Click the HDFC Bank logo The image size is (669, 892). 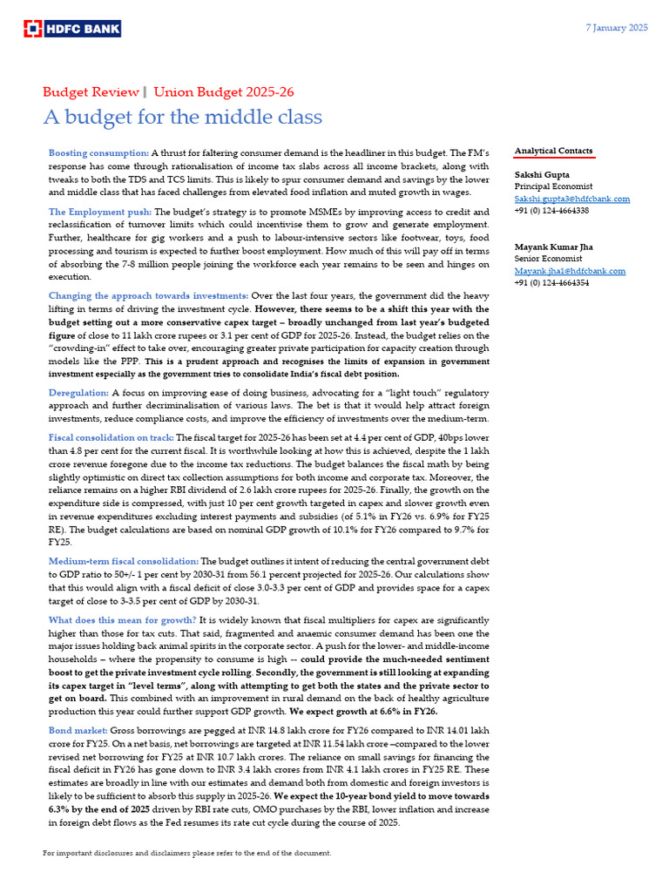coord(72,29)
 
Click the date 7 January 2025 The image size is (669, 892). coord(615,28)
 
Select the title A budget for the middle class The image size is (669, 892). coord(183,117)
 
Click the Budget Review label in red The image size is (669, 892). coord(91,91)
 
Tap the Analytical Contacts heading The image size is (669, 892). coord(553,151)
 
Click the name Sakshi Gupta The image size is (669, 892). coord(543,174)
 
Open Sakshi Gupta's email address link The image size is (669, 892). coord(571,199)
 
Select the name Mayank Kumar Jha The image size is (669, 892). coord(557,247)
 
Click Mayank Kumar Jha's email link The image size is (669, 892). coord(570,271)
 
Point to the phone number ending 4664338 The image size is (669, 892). coord(551,211)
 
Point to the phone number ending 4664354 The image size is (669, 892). coord(551,283)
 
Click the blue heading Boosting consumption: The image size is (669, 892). coord(98,152)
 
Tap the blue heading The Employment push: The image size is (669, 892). coord(100,212)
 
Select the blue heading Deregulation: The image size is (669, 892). coord(78,393)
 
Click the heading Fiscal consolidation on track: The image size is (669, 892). coord(111,437)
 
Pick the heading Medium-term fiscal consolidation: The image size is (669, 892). coord(124,561)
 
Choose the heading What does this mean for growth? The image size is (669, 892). coord(120,619)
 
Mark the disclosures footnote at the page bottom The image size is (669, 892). coord(187,853)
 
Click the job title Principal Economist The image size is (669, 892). coord(553,186)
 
